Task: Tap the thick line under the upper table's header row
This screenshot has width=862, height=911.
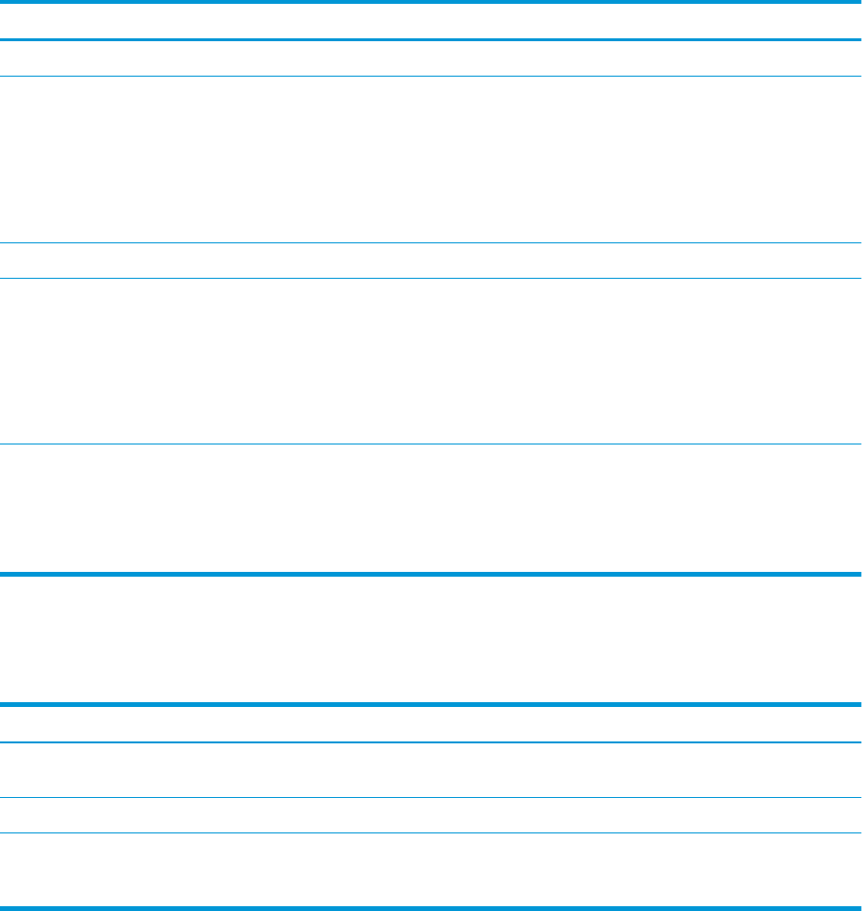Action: pyautogui.click(x=431, y=40)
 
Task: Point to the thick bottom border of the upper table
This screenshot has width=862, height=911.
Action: pyautogui.click(x=431, y=574)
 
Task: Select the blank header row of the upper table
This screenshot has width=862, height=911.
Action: pyautogui.click(x=431, y=21)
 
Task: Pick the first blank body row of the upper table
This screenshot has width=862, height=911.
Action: pyautogui.click(x=431, y=58)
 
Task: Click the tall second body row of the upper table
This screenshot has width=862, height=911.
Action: pyautogui.click(x=431, y=159)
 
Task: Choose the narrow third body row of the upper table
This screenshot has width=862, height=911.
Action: pyautogui.click(x=431, y=261)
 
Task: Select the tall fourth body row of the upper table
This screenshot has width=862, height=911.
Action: pyautogui.click(x=431, y=361)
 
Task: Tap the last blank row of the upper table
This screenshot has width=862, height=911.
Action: pyautogui.click(x=431, y=508)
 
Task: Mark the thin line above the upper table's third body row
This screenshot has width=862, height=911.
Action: pyautogui.click(x=431, y=242)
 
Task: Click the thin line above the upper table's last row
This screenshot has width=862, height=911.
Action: pyautogui.click(x=431, y=444)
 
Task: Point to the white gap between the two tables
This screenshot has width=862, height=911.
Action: pyautogui.click(x=431, y=639)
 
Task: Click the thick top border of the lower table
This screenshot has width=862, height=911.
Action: pyautogui.click(x=431, y=705)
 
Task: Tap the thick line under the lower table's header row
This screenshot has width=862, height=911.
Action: pyautogui.click(x=431, y=742)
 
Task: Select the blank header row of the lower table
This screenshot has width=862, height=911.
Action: pyautogui.click(x=431, y=724)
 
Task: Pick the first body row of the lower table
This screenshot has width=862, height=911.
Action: pyautogui.click(x=431, y=770)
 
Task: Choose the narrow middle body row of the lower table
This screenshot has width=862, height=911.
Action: pyautogui.click(x=431, y=815)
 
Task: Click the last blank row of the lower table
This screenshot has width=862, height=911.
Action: pyautogui.click(x=431, y=869)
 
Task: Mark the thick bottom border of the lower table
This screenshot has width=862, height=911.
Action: pyautogui.click(x=431, y=907)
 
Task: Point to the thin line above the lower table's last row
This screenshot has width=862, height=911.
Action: pyautogui.click(x=431, y=832)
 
